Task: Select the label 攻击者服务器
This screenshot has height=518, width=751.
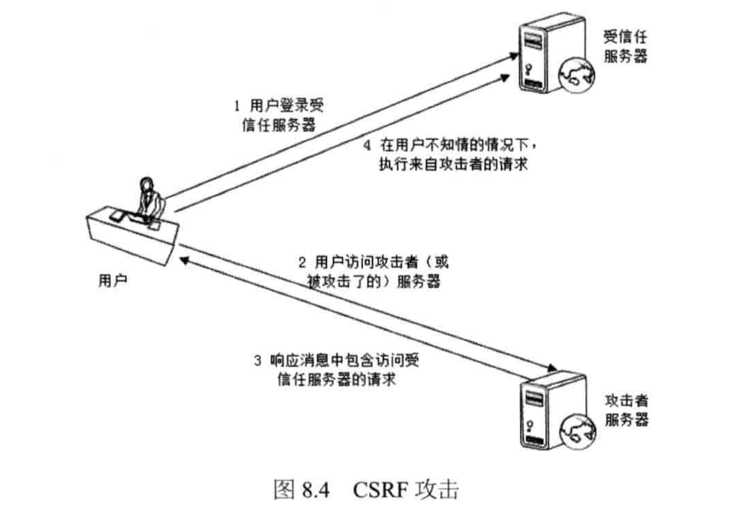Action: pos(626,409)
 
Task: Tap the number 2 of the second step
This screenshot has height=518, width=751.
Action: pos(301,261)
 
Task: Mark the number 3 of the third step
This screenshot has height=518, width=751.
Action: pos(257,359)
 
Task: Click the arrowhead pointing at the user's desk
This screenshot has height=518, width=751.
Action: pos(185,258)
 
